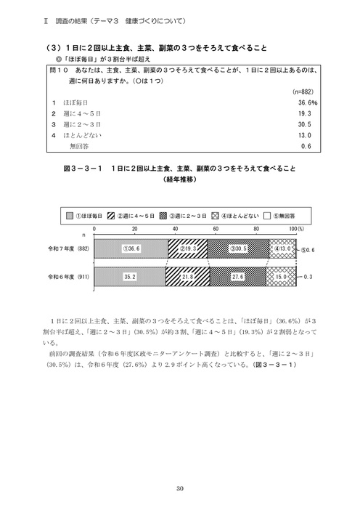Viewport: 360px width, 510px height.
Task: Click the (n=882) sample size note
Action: (x=301, y=92)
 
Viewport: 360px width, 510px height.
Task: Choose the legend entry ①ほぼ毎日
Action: (x=91, y=215)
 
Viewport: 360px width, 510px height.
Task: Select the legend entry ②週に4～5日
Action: (x=136, y=215)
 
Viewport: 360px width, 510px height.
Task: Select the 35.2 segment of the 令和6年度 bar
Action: (x=130, y=277)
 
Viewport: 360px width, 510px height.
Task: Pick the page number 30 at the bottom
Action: (x=179, y=489)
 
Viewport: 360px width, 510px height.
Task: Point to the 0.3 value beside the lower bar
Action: (x=308, y=277)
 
